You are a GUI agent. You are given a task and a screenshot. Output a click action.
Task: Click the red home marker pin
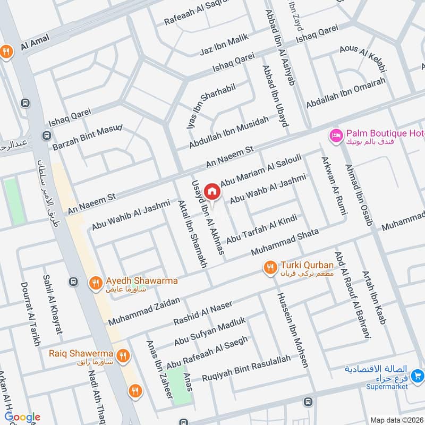212,191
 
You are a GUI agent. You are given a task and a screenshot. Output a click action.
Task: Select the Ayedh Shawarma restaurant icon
95,283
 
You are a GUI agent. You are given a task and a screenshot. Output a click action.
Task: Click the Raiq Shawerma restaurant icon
123,355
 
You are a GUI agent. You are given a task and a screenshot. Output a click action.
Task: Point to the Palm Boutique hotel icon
335,135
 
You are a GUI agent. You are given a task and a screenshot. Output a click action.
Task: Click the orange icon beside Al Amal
7,52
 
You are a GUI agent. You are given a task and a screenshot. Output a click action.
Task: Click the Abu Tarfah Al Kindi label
260,230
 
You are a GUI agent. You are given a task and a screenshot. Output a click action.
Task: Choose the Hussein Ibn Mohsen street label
291,330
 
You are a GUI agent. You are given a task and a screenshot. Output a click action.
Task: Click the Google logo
22,417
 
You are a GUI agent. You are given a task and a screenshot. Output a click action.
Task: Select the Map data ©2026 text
396,420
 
